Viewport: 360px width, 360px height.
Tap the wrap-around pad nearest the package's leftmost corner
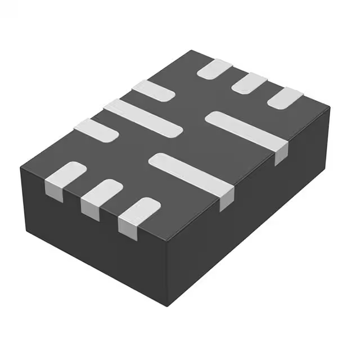coord(65,174)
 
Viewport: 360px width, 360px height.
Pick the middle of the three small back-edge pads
coord(249,83)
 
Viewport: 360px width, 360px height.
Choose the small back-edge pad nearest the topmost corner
coord(215,69)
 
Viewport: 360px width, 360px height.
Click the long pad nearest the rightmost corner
coord(245,132)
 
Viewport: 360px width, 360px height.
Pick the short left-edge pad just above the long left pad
coord(153,91)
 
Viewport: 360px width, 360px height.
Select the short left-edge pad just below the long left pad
coord(96,130)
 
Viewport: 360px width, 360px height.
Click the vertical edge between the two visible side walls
coord(168,270)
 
